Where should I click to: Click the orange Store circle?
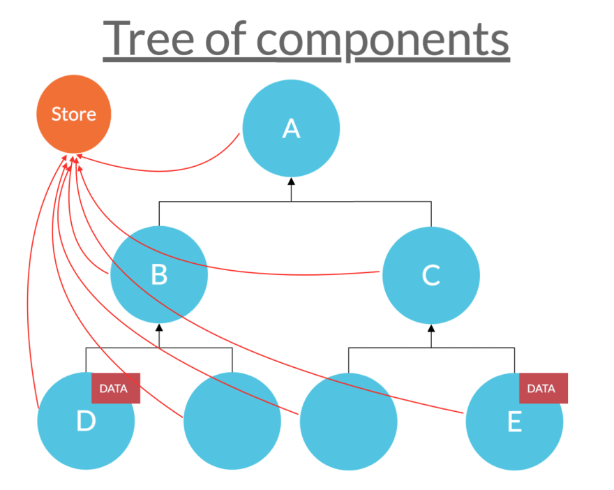click(74, 114)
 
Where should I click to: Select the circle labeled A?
click(291, 128)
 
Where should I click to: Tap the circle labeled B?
click(159, 274)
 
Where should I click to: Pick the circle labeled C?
click(431, 275)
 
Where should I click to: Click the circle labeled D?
click(86, 421)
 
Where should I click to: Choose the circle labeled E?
click(514, 422)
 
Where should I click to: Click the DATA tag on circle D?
click(116, 388)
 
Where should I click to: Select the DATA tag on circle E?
click(544, 388)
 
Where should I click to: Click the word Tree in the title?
click(149, 38)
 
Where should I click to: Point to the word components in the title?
click(383, 41)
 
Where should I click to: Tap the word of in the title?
click(226, 38)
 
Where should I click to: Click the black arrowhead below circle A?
click(291, 181)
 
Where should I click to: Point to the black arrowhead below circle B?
click(159, 327)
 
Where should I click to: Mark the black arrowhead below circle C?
click(431, 328)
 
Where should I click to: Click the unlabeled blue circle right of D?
click(232, 421)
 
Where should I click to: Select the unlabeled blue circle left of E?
click(348, 422)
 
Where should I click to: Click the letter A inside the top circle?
click(292, 128)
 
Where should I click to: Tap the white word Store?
click(74, 114)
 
